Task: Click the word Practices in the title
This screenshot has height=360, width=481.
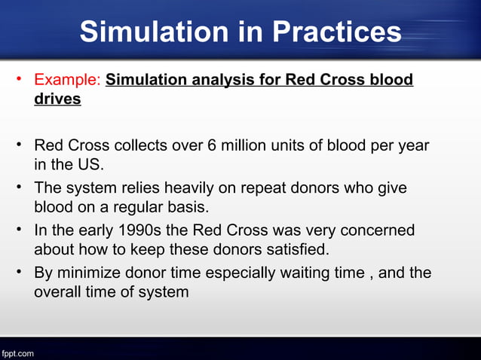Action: (336, 32)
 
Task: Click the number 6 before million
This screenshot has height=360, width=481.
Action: (213, 145)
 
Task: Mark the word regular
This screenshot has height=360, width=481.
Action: (136, 206)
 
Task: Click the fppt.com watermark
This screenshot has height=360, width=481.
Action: (17, 352)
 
